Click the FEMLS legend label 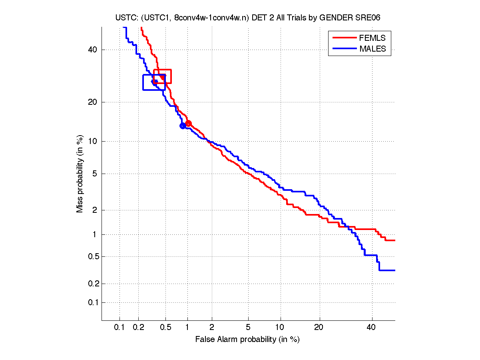point(372,38)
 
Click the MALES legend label point(372,49)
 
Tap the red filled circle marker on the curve point(188,123)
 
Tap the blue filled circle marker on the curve point(183,126)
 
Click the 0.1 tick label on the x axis point(120,328)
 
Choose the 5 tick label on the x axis point(248,328)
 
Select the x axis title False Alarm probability point(247,340)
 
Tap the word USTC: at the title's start point(123,18)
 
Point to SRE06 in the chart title point(362,18)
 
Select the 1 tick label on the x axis point(187,328)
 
